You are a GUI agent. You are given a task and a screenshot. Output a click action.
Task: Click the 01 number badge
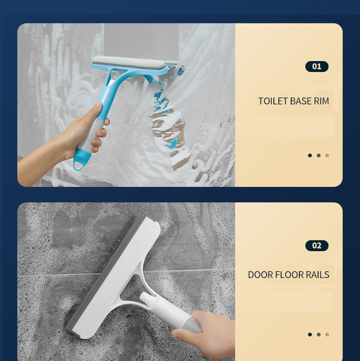click(x=317, y=67)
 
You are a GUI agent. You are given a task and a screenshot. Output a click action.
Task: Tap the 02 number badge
click(x=317, y=246)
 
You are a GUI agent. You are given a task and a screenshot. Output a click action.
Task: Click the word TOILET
click(x=273, y=101)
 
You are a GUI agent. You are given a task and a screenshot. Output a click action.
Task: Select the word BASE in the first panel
click(x=301, y=101)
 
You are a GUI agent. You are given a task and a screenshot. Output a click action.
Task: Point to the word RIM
click(x=321, y=101)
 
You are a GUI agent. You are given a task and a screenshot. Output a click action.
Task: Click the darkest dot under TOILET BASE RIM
click(x=310, y=155)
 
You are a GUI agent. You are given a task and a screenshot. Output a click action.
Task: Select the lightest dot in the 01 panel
click(x=327, y=155)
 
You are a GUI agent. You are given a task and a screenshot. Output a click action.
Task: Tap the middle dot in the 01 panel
click(x=319, y=155)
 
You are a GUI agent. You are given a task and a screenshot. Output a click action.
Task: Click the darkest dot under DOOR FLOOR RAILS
click(x=310, y=335)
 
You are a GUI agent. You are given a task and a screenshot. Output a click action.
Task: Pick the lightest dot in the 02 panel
click(x=327, y=335)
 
